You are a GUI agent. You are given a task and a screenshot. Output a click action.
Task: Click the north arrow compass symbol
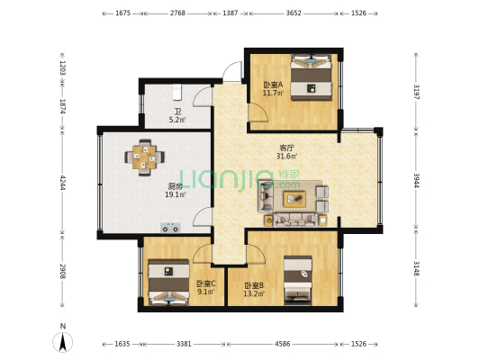point(63,342)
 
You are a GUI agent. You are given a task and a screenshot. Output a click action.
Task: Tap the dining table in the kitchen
point(144,157)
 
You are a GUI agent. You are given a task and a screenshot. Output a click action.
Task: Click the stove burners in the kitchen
point(170,228)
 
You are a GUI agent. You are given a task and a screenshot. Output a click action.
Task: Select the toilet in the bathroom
point(177,93)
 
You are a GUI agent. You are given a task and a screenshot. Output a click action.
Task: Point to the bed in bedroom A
point(311,77)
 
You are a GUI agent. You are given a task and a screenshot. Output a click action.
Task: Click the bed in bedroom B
point(298,281)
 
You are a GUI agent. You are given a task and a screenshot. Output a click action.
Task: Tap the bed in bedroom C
point(168,282)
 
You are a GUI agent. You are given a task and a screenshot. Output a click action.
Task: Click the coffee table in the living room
point(294,199)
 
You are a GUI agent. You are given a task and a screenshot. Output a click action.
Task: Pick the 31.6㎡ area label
point(286,157)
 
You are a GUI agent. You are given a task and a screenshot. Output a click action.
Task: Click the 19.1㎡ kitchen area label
point(176,194)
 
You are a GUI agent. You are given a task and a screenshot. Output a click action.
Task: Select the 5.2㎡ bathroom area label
point(177,121)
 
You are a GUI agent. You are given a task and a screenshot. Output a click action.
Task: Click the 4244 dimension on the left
point(63,183)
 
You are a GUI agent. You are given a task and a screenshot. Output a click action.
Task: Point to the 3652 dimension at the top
point(294,13)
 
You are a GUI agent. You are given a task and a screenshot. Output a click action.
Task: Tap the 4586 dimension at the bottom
point(282,344)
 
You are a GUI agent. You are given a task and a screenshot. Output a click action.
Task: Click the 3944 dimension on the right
point(416,181)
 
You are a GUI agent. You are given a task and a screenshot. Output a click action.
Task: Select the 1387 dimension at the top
point(231,13)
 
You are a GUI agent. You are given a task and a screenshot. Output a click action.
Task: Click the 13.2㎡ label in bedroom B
point(254,294)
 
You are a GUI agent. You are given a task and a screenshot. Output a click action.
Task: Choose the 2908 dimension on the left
point(63,271)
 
